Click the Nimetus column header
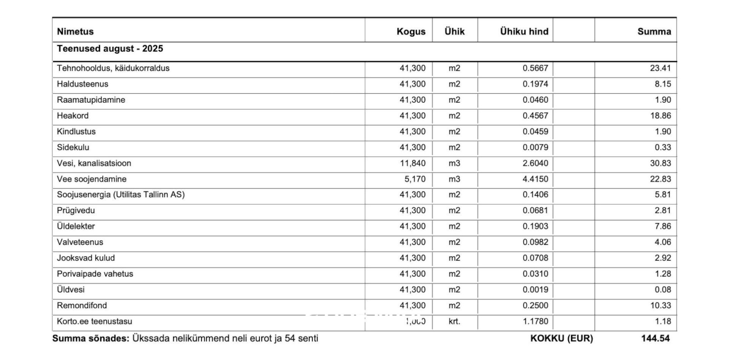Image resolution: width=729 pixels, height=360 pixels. click(75, 31)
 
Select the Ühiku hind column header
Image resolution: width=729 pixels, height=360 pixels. click(524, 31)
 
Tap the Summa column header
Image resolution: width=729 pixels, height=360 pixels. click(654, 31)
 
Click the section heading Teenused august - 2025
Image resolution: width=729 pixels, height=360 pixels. click(110, 49)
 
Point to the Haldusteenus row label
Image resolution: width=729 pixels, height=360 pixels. click(82, 84)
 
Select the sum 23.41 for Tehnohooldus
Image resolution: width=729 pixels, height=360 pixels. click(660, 68)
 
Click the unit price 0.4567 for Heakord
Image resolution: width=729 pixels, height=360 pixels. click(535, 116)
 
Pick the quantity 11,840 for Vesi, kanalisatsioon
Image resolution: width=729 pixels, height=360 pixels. click(412, 163)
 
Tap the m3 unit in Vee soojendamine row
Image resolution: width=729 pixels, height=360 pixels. click(454, 179)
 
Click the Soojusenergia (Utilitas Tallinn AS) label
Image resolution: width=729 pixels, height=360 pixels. click(121, 195)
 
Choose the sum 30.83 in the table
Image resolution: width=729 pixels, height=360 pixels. click(660, 163)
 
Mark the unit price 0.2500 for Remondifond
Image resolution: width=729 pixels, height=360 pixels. click(535, 306)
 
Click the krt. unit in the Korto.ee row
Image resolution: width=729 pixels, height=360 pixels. click(454, 321)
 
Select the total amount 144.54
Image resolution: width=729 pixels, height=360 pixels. click(655, 338)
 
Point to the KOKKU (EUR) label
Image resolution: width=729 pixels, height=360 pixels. click(561, 338)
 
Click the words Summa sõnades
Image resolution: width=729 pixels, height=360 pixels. click(91, 338)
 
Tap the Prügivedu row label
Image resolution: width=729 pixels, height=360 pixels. click(76, 211)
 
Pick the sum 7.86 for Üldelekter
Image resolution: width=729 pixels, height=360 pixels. click(662, 226)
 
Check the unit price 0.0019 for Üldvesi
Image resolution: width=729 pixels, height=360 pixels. click(535, 290)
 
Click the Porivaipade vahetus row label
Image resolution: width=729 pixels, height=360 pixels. click(95, 274)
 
